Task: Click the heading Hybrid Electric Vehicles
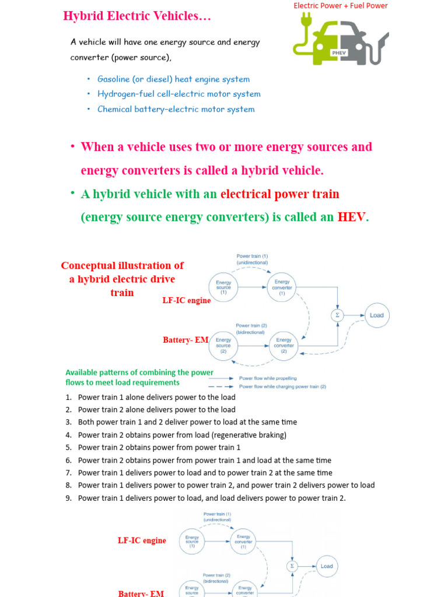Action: point(136,16)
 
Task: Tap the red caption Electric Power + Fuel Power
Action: point(340,6)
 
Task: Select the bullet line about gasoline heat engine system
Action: point(173,79)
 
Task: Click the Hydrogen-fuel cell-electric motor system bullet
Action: point(178,94)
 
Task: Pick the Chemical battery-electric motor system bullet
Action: point(176,109)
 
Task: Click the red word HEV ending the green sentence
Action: point(352,217)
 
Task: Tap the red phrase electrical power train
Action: point(279,194)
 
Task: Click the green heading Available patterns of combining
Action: point(139,377)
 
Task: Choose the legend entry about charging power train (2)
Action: point(282,387)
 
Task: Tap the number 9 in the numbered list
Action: point(68,498)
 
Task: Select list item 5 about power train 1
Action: point(159,448)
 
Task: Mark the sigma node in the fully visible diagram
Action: point(337,315)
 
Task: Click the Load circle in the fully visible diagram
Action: point(376,315)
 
